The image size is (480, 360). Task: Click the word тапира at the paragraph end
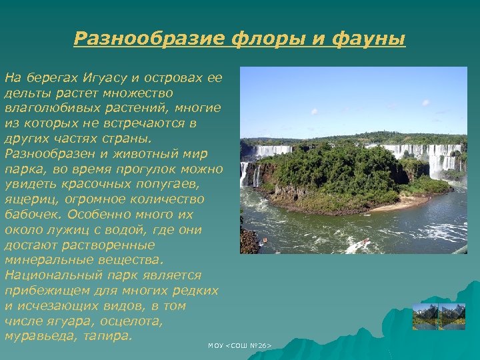pyautogui.click(x=108, y=337)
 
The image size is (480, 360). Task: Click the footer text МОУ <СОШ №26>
pyautogui.click(x=239, y=345)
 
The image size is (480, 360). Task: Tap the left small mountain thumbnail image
pyautogui.click(x=425, y=317)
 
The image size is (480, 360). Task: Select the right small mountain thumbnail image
pyautogui.click(x=453, y=317)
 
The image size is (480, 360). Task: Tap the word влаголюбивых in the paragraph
pyautogui.click(x=47, y=108)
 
